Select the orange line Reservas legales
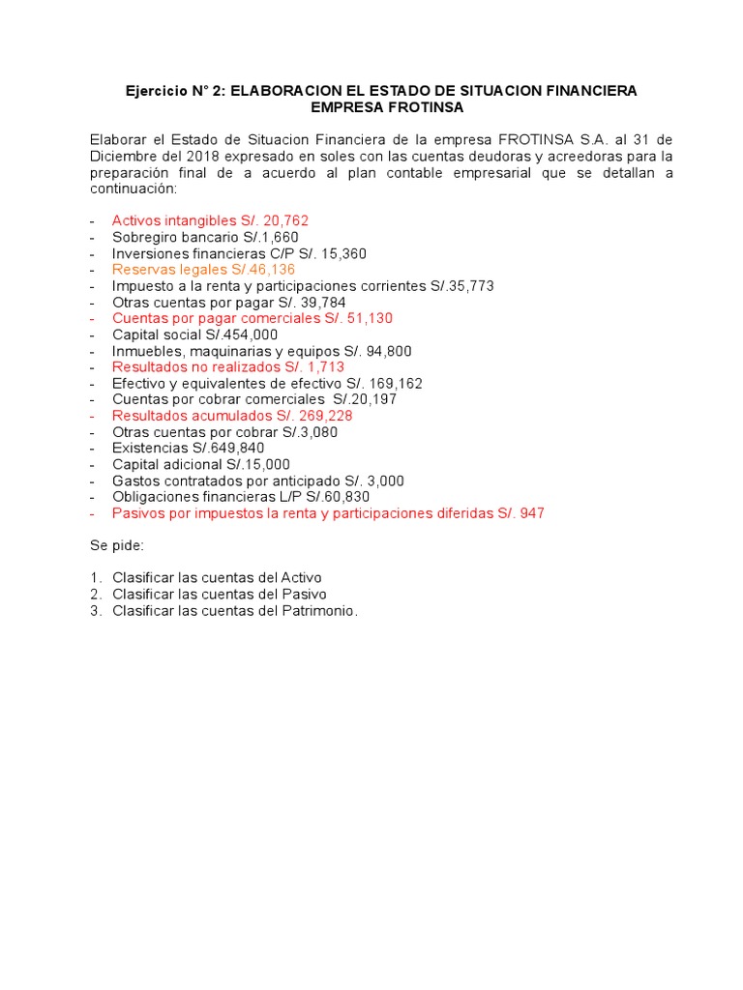[x=203, y=270]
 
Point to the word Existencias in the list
[x=146, y=449]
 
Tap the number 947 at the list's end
[x=531, y=513]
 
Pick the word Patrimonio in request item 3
[x=320, y=611]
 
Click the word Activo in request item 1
[x=300, y=578]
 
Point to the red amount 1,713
[x=322, y=367]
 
